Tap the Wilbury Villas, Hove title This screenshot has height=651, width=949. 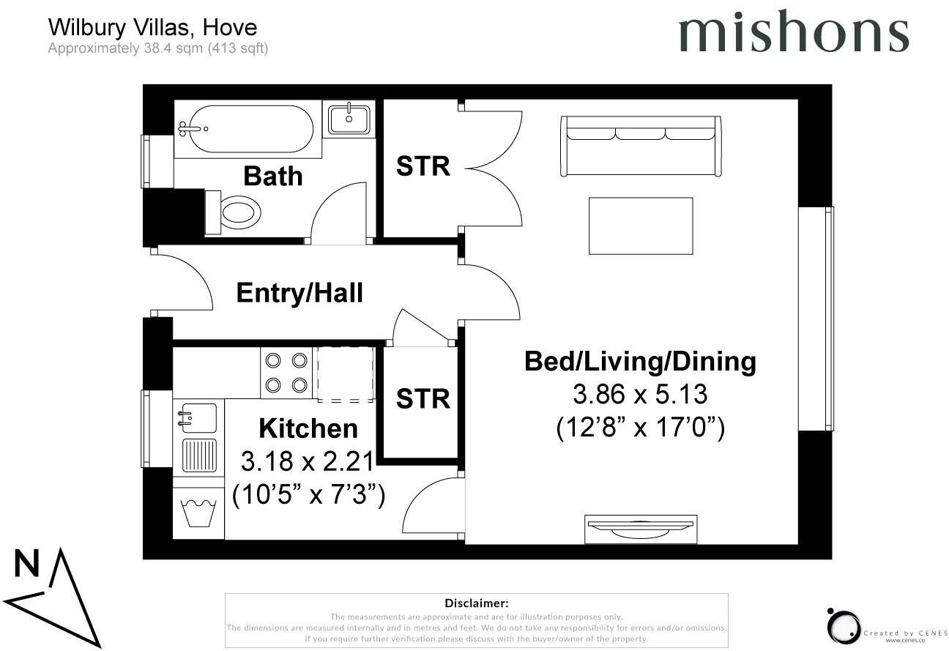(x=152, y=28)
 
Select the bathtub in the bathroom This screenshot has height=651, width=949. (x=245, y=130)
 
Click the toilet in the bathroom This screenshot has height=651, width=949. (x=235, y=213)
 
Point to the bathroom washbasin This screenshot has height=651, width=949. (x=349, y=119)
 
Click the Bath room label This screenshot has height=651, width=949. (x=272, y=176)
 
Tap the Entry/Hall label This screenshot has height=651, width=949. (x=299, y=293)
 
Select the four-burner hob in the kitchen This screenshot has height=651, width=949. (x=286, y=373)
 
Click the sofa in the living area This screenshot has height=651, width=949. (x=641, y=146)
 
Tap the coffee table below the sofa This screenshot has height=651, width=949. (x=641, y=226)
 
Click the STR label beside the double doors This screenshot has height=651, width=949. (x=423, y=166)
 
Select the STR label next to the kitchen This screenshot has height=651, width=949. (x=423, y=398)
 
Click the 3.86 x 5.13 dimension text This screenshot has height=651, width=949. (x=640, y=395)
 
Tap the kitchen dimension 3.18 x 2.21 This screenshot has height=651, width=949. (x=308, y=461)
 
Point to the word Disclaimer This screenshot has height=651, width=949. (x=476, y=603)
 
